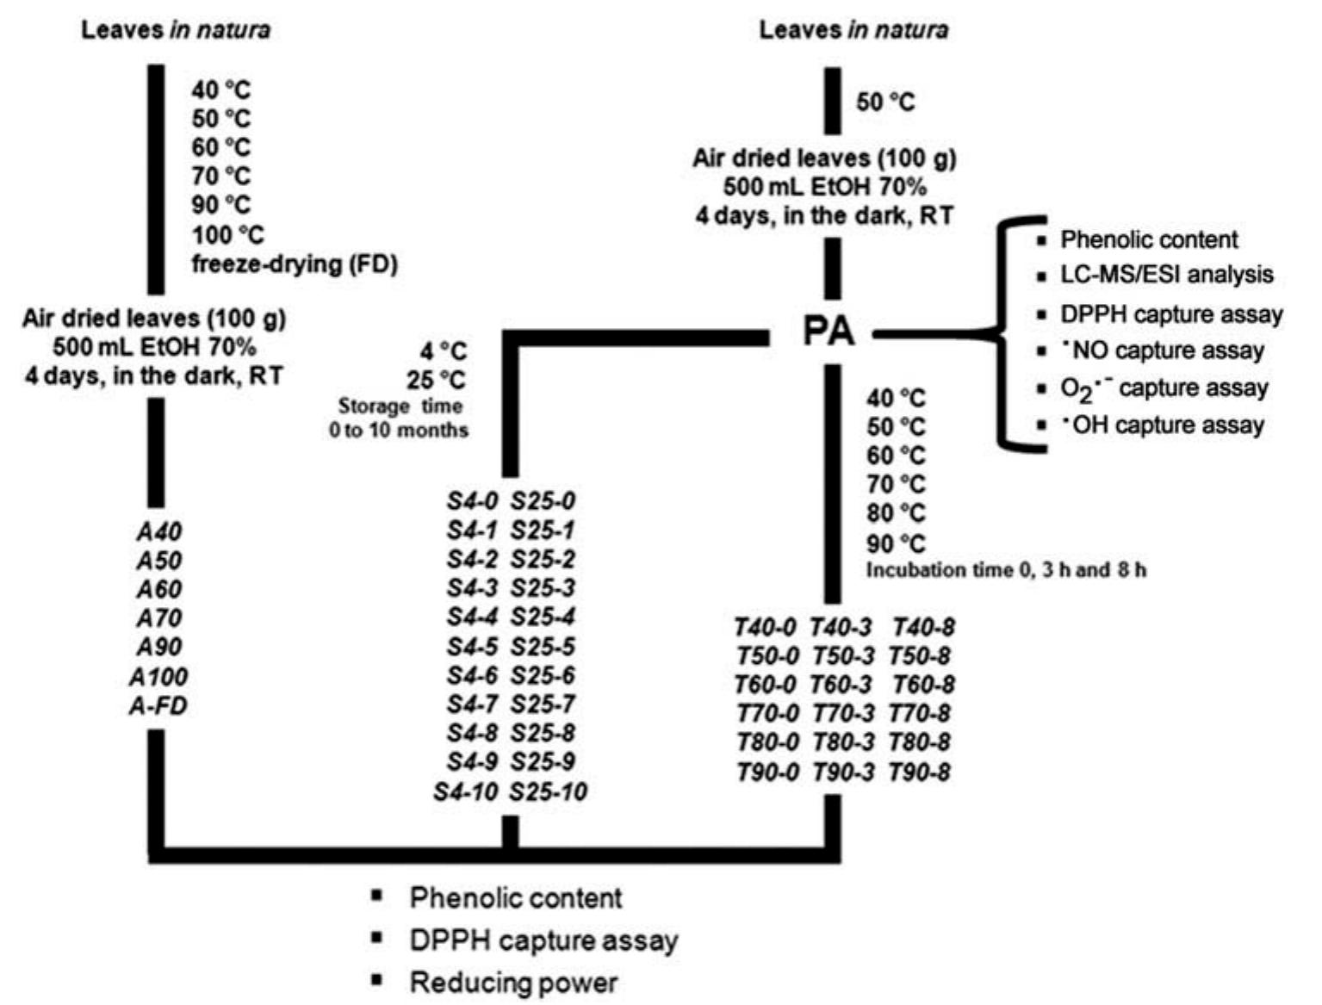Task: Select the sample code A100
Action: pyautogui.click(x=158, y=677)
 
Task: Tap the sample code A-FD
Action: pyautogui.click(x=158, y=706)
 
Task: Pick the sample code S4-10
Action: pyautogui.click(x=466, y=791)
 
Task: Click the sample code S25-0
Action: pyautogui.click(x=543, y=501)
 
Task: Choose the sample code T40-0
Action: pyautogui.click(x=767, y=628)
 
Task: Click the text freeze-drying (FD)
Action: pyautogui.click(x=295, y=264)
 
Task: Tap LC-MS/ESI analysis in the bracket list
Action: pyautogui.click(x=1166, y=275)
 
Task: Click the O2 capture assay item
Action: pyautogui.click(x=1164, y=389)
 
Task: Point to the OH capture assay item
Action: pyautogui.click(x=1162, y=425)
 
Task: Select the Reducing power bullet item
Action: pyautogui.click(x=513, y=983)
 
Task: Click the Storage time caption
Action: pyautogui.click(x=400, y=406)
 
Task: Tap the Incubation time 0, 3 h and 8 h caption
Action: pyautogui.click(x=1006, y=570)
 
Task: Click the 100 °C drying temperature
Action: pyautogui.click(x=228, y=235)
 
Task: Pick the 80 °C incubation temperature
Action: pyautogui.click(x=896, y=513)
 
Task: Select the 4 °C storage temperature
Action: pyautogui.click(x=443, y=351)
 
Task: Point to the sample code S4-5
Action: pyautogui.click(x=472, y=647)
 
